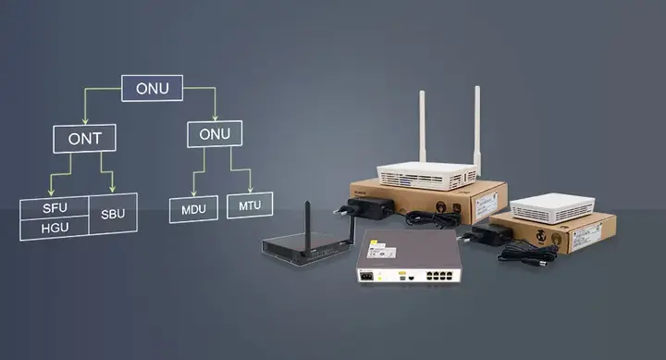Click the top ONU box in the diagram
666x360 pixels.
click(x=153, y=88)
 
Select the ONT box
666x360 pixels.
click(x=84, y=139)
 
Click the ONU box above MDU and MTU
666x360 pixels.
click(x=215, y=133)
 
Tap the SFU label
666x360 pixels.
click(x=55, y=206)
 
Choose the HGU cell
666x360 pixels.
click(x=55, y=227)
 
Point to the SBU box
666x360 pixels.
click(x=113, y=215)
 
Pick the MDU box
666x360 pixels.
click(x=193, y=208)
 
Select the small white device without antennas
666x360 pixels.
click(x=551, y=206)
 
